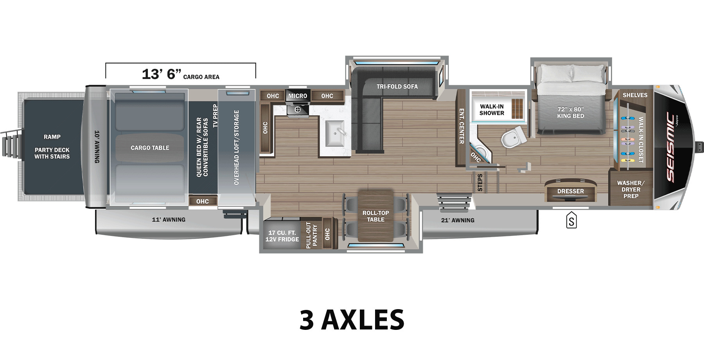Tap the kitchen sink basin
pos(336,133)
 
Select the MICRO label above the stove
pos(298,96)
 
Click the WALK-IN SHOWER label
pos(492,110)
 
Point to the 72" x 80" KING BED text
pos(571,113)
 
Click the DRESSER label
pos(571,191)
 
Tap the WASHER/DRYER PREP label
pos(630,189)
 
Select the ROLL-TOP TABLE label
pos(375,216)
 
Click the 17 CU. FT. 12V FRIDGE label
pos(282,236)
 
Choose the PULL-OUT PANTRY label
pos(312,235)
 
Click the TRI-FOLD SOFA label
pos(397,86)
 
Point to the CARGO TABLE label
pos(150,148)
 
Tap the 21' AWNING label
pos(458,220)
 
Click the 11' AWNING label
pos(169,220)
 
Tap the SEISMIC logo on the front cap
pos(670,148)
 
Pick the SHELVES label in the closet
pos(635,95)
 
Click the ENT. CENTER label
pos(462,126)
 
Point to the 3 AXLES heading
pos(352,320)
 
